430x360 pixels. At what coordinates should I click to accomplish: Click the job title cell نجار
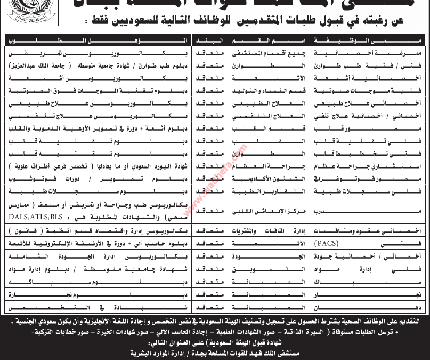click(410, 293)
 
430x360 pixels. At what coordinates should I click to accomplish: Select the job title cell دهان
click(410, 306)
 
